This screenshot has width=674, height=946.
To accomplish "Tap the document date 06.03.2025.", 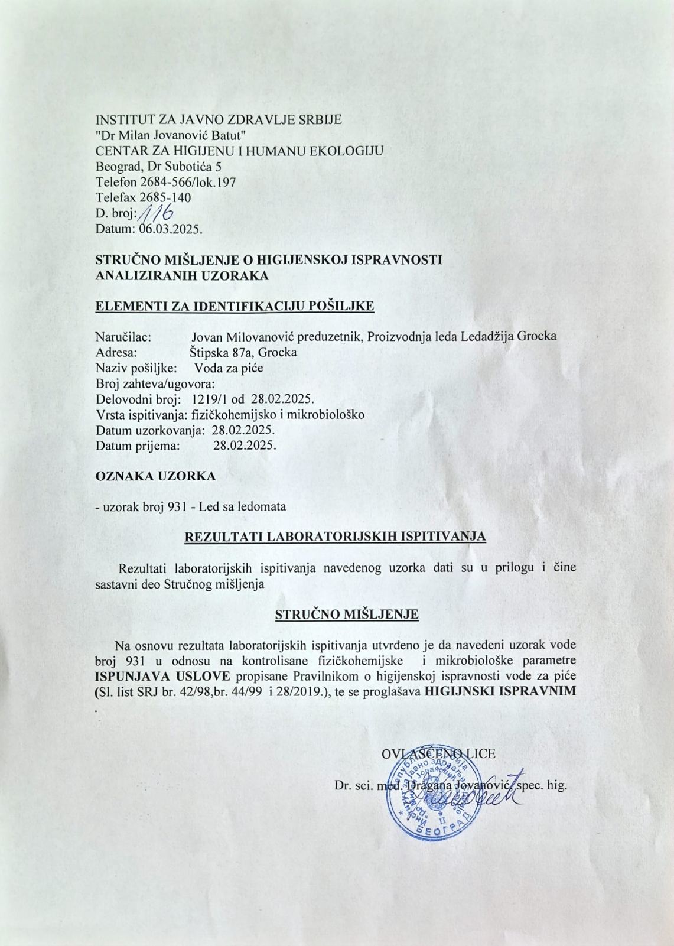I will pos(171,229).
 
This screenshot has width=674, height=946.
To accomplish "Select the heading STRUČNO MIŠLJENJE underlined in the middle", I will pos(347,615).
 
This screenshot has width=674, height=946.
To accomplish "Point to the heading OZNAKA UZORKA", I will pos(155,476).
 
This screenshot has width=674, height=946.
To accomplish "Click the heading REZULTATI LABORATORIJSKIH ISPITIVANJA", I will pos(336,537).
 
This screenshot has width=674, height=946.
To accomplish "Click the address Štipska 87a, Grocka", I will pos(243,353).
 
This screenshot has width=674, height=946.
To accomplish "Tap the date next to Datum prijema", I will pos(244,445).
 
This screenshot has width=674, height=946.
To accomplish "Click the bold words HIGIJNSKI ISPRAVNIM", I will pos(500,691).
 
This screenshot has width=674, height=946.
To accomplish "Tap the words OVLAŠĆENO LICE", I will pos(438,753).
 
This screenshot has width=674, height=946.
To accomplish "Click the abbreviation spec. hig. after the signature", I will pos(542,786).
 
